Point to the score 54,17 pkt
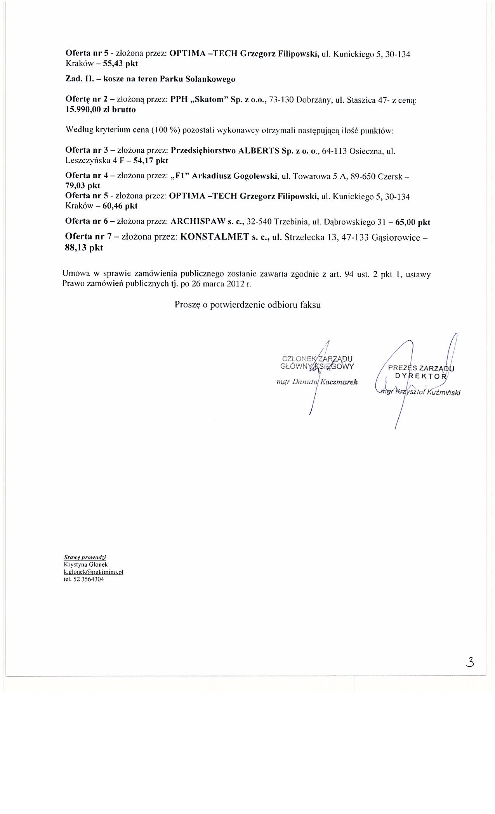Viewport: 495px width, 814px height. pos(151,160)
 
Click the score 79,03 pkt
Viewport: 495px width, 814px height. pos(83,186)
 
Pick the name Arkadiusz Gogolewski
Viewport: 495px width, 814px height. pos(234,176)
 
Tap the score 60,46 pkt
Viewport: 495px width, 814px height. pos(120,206)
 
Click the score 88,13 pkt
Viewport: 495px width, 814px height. pos(84,248)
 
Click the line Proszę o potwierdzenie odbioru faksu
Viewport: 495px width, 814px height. pos(248,305)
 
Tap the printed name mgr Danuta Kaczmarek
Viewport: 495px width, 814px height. pos(316,382)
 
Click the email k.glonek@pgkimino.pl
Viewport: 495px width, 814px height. pos(93,572)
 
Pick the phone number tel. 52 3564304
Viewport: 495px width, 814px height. pos(83,579)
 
